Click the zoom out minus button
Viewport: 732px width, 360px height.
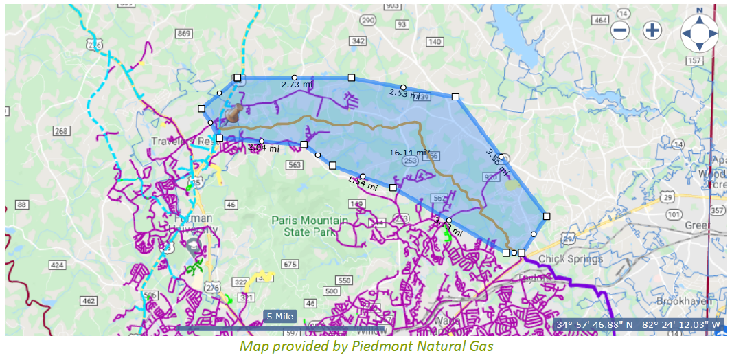620,30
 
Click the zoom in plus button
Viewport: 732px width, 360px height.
652,30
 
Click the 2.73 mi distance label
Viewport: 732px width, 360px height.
297,85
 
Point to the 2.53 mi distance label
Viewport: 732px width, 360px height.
404,93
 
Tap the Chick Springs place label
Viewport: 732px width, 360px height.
570,259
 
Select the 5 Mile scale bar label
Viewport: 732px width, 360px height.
280,317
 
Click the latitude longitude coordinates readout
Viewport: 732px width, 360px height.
639,324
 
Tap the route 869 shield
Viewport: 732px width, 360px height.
183,34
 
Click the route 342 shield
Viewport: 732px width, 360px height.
358,41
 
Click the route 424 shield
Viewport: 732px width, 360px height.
58,265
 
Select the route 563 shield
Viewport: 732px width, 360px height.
295,165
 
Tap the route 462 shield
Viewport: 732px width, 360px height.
88,301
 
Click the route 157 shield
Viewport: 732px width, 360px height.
696,60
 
